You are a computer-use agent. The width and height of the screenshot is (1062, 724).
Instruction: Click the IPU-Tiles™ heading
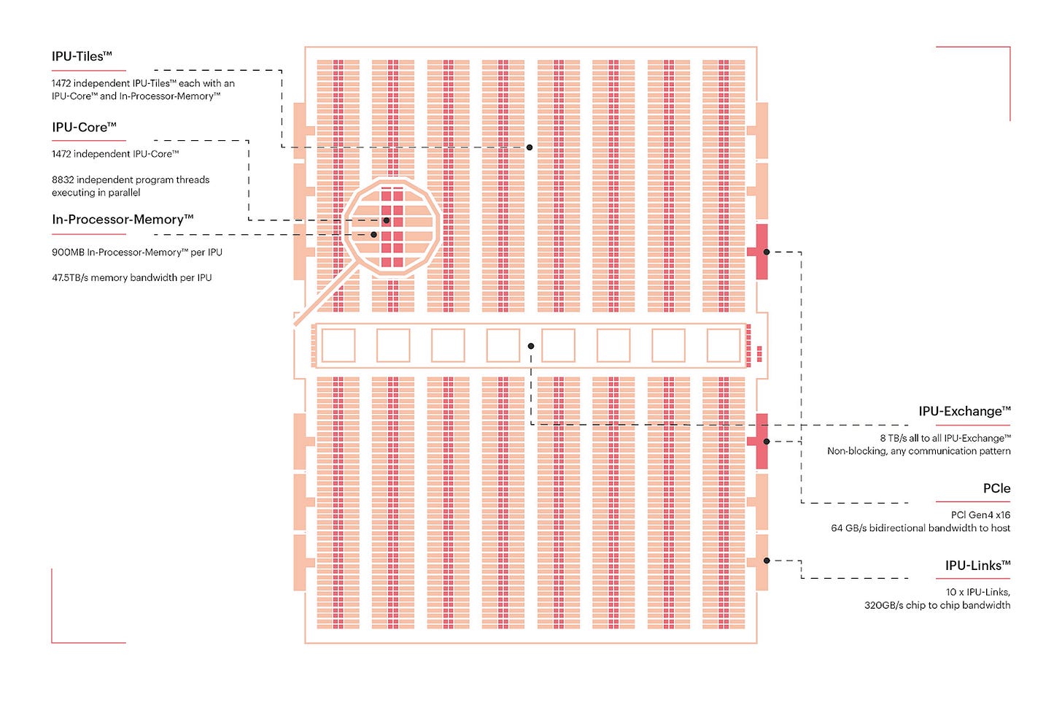coord(82,56)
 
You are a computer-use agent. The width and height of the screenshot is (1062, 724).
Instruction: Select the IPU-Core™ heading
coord(84,127)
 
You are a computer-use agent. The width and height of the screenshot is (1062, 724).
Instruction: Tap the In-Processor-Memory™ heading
coord(123,219)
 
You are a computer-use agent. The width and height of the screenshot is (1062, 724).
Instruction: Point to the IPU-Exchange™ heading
coord(964,411)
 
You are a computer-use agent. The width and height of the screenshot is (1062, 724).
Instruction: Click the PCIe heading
coord(996,488)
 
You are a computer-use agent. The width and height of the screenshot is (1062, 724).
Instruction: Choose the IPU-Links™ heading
coord(977,565)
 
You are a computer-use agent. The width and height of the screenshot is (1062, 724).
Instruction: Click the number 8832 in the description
coord(63,180)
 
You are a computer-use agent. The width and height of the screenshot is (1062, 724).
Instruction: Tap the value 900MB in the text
coord(68,252)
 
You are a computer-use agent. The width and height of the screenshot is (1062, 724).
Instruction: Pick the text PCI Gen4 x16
coord(980,515)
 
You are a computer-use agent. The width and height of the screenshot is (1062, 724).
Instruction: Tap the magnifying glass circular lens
coord(392,228)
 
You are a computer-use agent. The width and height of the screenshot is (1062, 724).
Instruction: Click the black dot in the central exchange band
coord(531,346)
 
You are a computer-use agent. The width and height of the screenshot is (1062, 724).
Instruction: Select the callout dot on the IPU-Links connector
coord(767,561)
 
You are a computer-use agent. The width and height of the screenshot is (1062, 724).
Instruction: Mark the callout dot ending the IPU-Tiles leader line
coord(530,147)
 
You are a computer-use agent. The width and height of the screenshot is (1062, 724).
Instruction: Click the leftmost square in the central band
coord(338,345)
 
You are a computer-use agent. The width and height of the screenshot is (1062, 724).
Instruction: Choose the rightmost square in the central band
coord(724,345)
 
